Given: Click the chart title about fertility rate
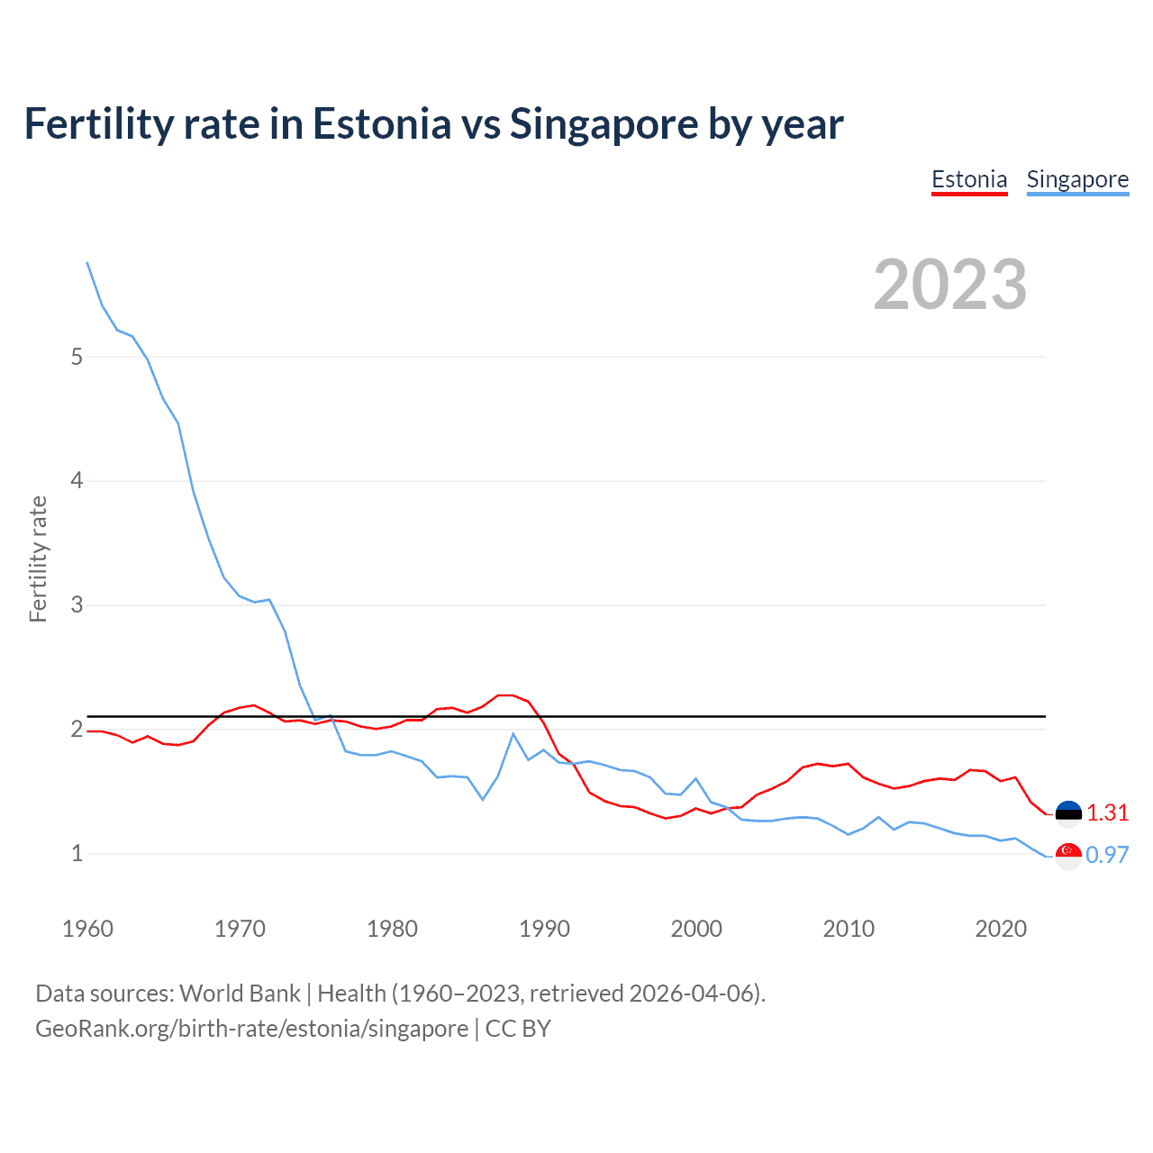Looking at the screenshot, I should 433,124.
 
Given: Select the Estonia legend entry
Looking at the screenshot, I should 969,179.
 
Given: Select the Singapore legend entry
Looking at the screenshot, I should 1077,179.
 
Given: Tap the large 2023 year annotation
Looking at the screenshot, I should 950,285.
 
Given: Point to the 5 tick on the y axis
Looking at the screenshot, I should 77,357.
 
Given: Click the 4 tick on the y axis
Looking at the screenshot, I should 77,481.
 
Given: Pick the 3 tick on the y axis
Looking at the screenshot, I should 77,604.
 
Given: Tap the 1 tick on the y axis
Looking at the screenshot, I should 77,853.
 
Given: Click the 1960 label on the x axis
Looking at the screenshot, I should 87,929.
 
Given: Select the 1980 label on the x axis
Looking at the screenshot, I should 392,929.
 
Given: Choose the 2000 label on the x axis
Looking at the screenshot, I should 696,929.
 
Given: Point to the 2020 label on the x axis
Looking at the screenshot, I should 1001,929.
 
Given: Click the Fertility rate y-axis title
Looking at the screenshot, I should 38,558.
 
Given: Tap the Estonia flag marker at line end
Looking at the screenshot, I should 1068,813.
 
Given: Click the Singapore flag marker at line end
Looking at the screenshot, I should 1068,856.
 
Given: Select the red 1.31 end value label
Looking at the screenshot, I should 1107,813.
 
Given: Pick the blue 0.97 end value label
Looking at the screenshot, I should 1107,855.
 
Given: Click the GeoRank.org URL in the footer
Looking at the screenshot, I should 251,1029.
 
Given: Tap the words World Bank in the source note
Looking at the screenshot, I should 240,994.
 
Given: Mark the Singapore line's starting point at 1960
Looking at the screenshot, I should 87,262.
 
